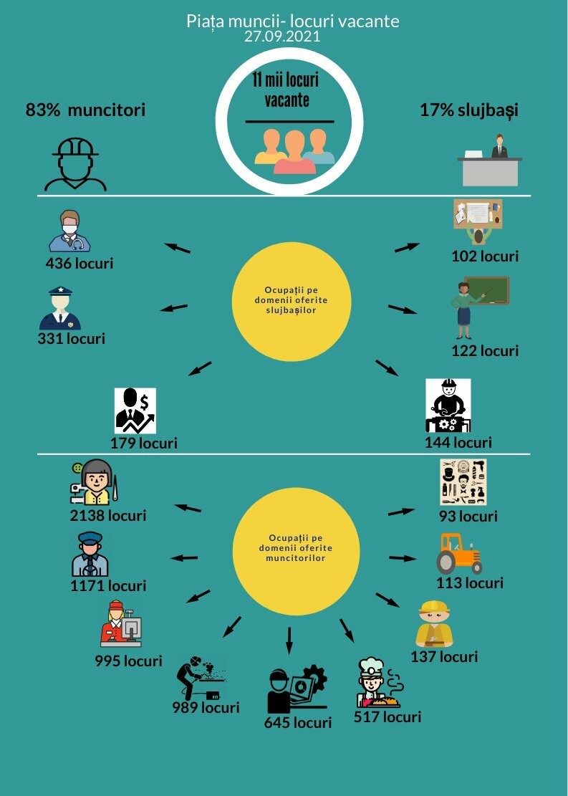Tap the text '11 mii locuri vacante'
pyautogui.click(x=285, y=89)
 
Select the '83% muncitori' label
pyautogui.click(x=85, y=110)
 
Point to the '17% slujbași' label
pyautogui.click(x=468, y=110)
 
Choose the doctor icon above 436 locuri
pyautogui.click(x=69, y=231)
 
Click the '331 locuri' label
pyautogui.click(x=71, y=338)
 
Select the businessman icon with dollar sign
pyautogui.click(x=135, y=411)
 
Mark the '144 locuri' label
pyautogui.click(x=458, y=443)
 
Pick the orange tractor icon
pyautogui.click(x=459, y=552)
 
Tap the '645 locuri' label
pyautogui.click(x=297, y=722)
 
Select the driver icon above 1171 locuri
pyautogui.click(x=90, y=554)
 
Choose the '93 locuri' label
pyautogui.click(x=468, y=516)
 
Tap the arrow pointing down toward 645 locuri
pyautogui.click(x=289, y=640)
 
